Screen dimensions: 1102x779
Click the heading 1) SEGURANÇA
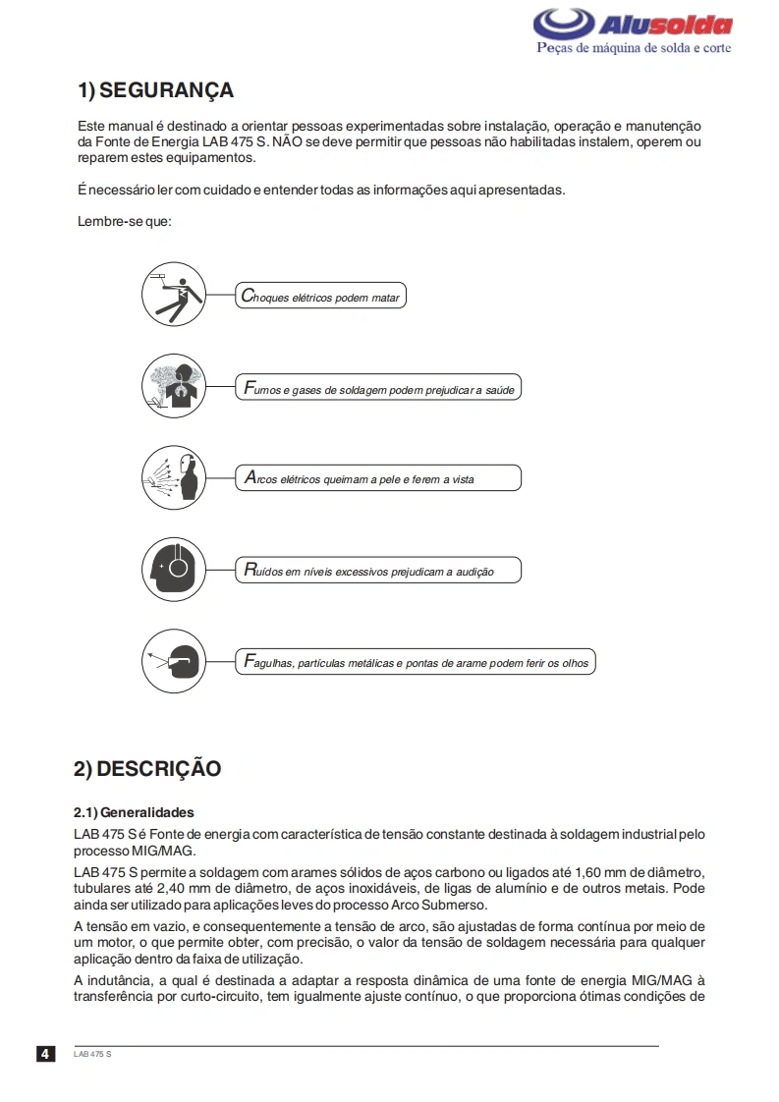point(155,91)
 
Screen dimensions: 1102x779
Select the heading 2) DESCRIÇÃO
point(147,768)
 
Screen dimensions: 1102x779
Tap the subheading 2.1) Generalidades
point(134,812)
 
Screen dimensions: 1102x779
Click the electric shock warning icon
point(174,293)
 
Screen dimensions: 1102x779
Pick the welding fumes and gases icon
point(174,386)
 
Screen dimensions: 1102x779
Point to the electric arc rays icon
point(174,478)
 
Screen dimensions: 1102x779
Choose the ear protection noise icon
point(174,569)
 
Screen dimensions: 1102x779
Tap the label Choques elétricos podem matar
point(320,297)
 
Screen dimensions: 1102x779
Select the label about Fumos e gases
point(377,389)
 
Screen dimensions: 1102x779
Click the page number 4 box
point(46,1054)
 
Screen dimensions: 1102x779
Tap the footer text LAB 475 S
point(92,1054)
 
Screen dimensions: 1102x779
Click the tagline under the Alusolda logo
point(633,48)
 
